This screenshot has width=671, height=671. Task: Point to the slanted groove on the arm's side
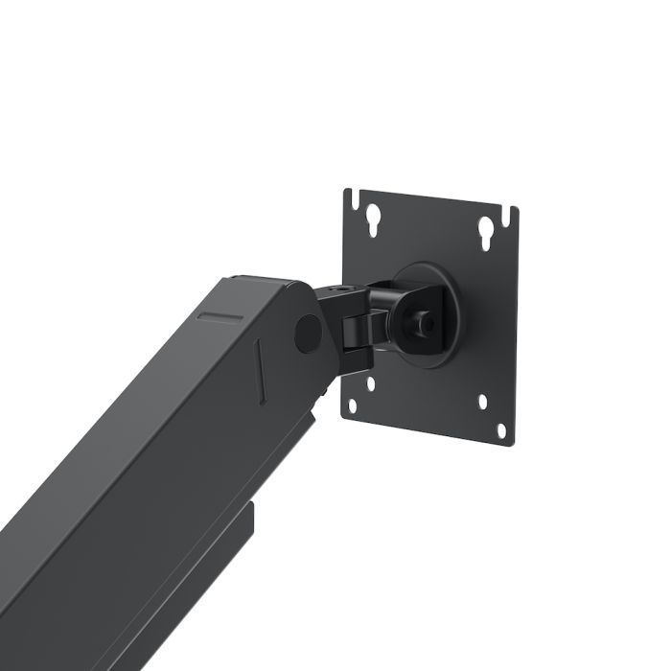click(x=261, y=368)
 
